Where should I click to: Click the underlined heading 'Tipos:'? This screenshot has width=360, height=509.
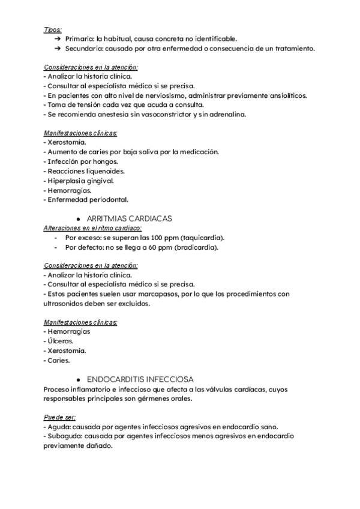click(53, 29)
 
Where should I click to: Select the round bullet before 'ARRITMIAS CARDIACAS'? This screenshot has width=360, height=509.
click(79, 219)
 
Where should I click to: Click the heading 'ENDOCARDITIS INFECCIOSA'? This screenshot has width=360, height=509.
click(139, 379)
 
